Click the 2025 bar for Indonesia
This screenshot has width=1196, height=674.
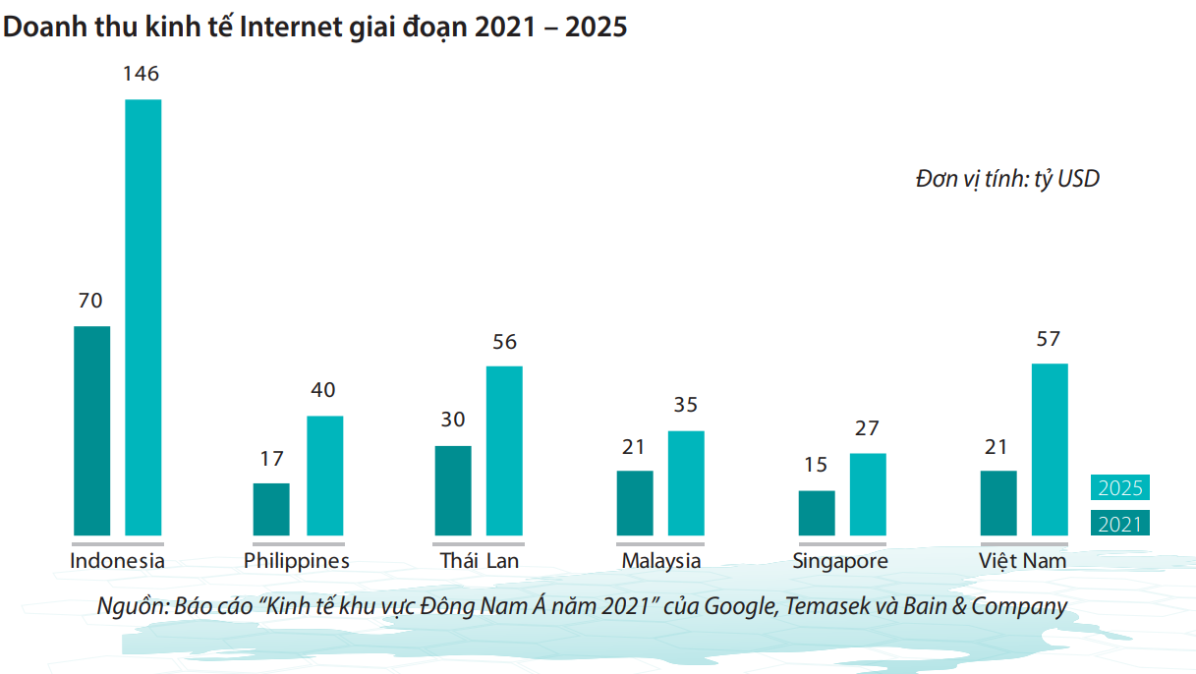(x=142, y=317)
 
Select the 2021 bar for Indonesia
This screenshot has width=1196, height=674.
(x=92, y=430)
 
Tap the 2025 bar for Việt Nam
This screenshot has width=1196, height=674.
(x=1050, y=449)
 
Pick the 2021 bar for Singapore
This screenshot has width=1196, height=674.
(x=817, y=513)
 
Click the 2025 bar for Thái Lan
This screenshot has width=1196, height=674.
(x=504, y=450)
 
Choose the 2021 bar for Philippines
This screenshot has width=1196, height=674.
(x=271, y=509)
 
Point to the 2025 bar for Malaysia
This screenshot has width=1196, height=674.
(x=686, y=482)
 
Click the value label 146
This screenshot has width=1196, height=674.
(x=142, y=74)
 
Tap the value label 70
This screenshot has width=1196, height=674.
(x=90, y=301)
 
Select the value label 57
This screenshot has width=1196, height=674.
(x=1049, y=339)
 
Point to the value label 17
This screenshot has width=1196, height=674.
(x=271, y=458)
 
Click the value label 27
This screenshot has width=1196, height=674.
(x=867, y=428)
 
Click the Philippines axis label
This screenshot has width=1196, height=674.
(x=297, y=561)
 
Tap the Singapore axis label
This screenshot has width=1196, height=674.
(x=840, y=561)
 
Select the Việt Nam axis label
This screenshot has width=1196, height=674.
(x=1022, y=561)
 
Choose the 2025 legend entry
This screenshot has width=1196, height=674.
(x=1119, y=488)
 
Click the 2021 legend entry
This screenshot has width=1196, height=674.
(x=1119, y=524)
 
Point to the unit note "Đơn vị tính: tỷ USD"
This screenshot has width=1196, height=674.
(x=1007, y=180)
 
